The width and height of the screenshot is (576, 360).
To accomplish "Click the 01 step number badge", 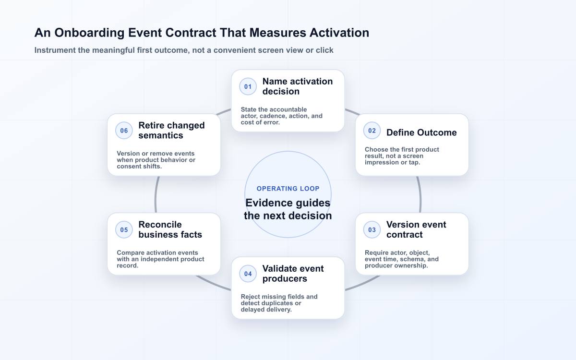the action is (248, 86).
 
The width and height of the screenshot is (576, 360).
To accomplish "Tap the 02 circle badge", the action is (372, 131).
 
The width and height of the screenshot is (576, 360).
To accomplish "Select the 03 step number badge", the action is (372, 229).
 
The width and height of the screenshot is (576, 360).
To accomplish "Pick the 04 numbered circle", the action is (248, 274).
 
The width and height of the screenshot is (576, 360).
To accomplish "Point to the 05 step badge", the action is (124, 229).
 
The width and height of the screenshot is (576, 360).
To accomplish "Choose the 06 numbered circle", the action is (124, 131).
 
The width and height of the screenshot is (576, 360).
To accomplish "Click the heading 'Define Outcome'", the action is (421, 132).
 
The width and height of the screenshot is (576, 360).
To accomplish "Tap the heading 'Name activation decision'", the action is (298, 86).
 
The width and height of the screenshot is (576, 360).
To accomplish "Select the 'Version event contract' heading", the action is (416, 229).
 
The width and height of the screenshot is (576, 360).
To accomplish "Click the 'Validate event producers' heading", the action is (293, 274).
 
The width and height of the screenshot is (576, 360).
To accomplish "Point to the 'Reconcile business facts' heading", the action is (170, 229).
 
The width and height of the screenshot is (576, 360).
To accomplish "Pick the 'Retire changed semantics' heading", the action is (171, 131).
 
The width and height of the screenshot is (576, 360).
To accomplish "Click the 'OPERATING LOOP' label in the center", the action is (288, 189).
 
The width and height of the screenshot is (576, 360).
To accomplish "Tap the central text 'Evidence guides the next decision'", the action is (288, 209).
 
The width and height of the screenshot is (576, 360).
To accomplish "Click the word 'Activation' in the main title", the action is (339, 33).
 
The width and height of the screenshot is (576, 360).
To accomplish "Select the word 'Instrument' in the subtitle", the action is (55, 50).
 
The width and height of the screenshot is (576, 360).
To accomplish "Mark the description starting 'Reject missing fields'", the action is (279, 303).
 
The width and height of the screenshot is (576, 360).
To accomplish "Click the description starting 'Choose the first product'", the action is (402, 156).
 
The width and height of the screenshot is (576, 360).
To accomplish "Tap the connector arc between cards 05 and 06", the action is (156, 195).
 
